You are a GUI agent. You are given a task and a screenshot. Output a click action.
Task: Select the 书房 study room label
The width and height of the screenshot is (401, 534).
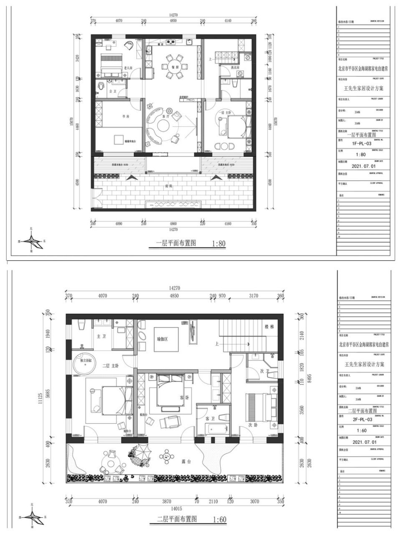point(125,116)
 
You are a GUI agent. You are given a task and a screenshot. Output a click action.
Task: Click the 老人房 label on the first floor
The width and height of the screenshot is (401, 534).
point(128,68)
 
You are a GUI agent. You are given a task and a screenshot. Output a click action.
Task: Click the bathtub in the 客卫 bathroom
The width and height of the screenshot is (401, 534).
point(217,428)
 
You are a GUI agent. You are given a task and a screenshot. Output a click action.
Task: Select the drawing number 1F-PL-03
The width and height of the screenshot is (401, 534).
point(361,143)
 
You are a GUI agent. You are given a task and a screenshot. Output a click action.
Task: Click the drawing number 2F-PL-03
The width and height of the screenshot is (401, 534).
point(362,420)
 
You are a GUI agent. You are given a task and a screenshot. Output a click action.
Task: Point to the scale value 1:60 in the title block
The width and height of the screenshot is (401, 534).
point(361,431)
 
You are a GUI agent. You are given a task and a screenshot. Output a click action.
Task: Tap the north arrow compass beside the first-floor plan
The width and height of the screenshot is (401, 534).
point(32,241)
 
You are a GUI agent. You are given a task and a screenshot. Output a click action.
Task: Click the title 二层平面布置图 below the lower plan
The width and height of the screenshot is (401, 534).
point(177,519)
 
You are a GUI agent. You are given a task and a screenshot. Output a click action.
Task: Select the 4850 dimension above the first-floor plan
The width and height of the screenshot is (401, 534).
point(173,20)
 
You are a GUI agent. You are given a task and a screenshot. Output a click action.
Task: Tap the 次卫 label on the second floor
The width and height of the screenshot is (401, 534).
point(265,371)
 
